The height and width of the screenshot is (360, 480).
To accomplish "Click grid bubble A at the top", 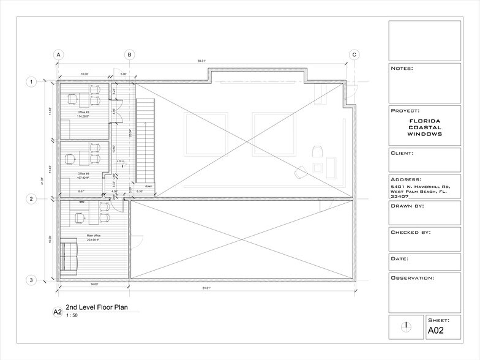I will [x=59, y=54].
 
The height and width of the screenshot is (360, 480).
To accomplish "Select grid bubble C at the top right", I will [x=354, y=54].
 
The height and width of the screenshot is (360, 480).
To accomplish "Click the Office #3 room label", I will [x=83, y=113].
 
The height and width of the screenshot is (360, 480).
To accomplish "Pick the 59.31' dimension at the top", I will [x=201, y=61].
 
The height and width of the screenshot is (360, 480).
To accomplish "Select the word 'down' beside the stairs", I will [x=148, y=186].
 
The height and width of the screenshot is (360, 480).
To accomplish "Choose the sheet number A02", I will [x=435, y=331].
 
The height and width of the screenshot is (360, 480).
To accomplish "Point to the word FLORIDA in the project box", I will [x=425, y=121].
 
